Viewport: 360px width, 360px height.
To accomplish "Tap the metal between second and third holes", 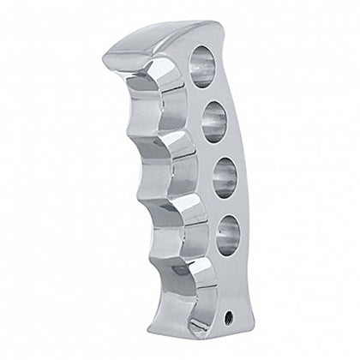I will [x=218, y=149].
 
